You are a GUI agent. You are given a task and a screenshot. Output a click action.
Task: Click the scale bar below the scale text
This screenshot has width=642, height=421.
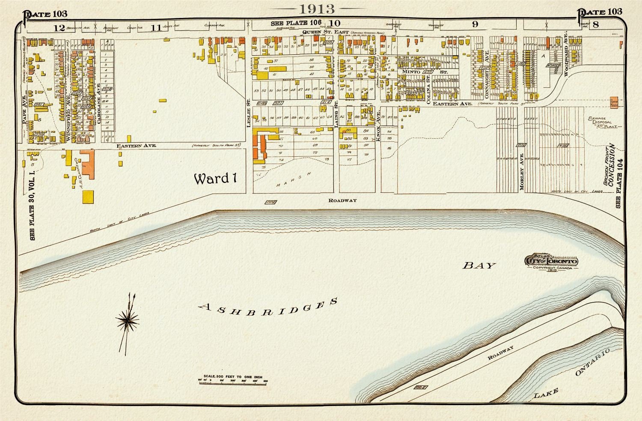click(233, 380)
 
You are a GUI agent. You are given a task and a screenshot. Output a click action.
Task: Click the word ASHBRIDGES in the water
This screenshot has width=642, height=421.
click(269, 305)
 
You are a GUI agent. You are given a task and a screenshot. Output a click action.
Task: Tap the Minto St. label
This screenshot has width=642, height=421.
click(423, 72)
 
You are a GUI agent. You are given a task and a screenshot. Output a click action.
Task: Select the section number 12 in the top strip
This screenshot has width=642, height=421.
click(59, 28)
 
